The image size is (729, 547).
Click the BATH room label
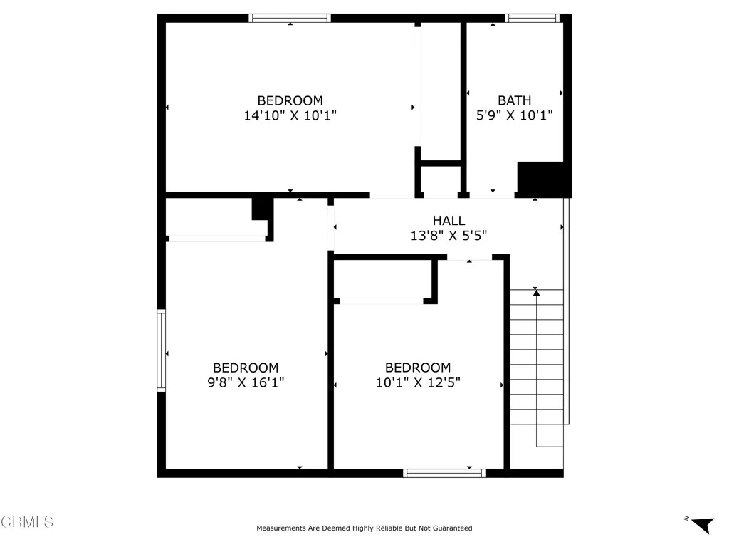tap(514, 100)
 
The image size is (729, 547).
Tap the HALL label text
tap(449, 221)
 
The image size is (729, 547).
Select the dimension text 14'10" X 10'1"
tap(290, 115)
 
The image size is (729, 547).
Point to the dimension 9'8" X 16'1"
tap(246, 382)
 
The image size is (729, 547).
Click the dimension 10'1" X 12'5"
tap(418, 382)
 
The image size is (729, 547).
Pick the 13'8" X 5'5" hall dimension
tap(449, 235)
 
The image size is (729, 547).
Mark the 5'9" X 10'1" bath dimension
tap(514, 115)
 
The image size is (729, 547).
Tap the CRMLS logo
tap(27, 521)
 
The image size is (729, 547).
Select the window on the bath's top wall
tap(533, 18)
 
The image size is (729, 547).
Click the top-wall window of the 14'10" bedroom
tap(290, 18)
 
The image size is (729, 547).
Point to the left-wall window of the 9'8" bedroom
tap(162, 350)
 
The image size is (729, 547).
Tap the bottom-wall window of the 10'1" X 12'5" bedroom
tap(444, 473)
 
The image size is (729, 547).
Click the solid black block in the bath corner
tap(543, 179)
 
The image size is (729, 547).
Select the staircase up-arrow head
tap(536, 293)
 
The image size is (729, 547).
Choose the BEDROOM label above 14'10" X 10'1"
tap(290, 100)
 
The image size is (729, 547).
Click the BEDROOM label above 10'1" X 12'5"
tap(418, 368)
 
